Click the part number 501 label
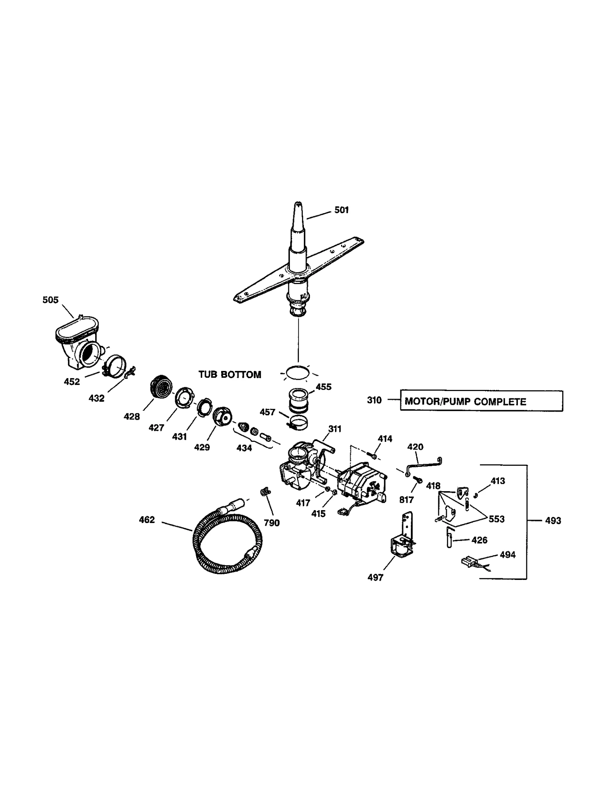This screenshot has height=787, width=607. (x=341, y=210)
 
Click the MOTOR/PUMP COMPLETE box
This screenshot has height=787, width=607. (x=481, y=401)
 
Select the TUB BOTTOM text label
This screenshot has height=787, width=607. (x=230, y=375)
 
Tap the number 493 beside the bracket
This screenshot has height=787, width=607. (x=553, y=521)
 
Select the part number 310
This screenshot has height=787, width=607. (x=374, y=400)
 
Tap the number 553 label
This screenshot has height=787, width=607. (x=497, y=519)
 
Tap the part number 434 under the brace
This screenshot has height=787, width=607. (x=244, y=448)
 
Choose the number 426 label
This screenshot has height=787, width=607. (x=479, y=540)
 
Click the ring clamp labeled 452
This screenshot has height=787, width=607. (x=115, y=366)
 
